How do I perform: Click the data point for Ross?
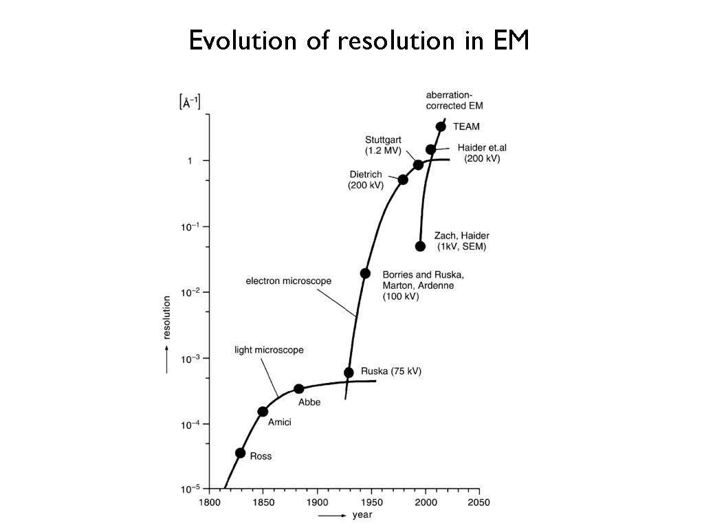pyautogui.click(x=240, y=452)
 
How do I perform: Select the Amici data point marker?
pyautogui.click(x=263, y=412)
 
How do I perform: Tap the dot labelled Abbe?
pyautogui.click(x=298, y=388)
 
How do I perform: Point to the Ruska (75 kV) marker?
pyautogui.click(x=349, y=373)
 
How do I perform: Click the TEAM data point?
pyautogui.click(x=441, y=126)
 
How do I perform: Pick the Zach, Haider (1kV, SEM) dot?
pyautogui.click(x=420, y=246)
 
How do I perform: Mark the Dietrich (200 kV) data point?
pyautogui.click(x=403, y=179)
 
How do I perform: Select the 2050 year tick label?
pyautogui.click(x=479, y=503)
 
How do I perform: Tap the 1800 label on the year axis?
pyautogui.click(x=208, y=503)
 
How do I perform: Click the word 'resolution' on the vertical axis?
pyautogui.click(x=167, y=318)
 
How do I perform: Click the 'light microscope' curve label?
pyautogui.click(x=269, y=350)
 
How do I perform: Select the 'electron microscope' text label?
pyautogui.click(x=289, y=281)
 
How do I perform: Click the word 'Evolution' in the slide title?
pyautogui.click(x=238, y=41)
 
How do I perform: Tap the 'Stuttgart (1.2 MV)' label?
pyautogui.click(x=383, y=144)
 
